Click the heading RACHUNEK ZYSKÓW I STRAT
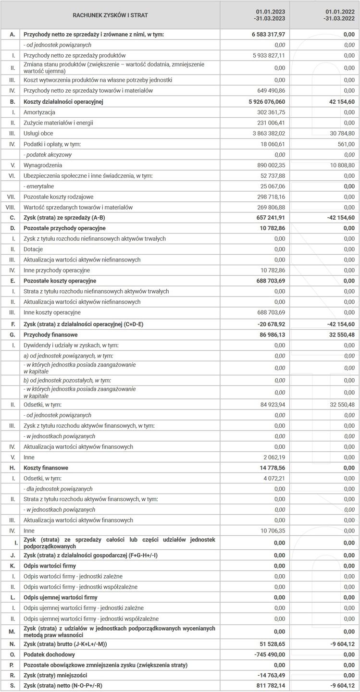110,15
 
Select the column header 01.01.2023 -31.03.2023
271,15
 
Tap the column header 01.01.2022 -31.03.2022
340,15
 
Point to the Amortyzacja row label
39,112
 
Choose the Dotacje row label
33,249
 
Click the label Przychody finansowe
50,334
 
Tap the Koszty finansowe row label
46,468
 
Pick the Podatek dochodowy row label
49,655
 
